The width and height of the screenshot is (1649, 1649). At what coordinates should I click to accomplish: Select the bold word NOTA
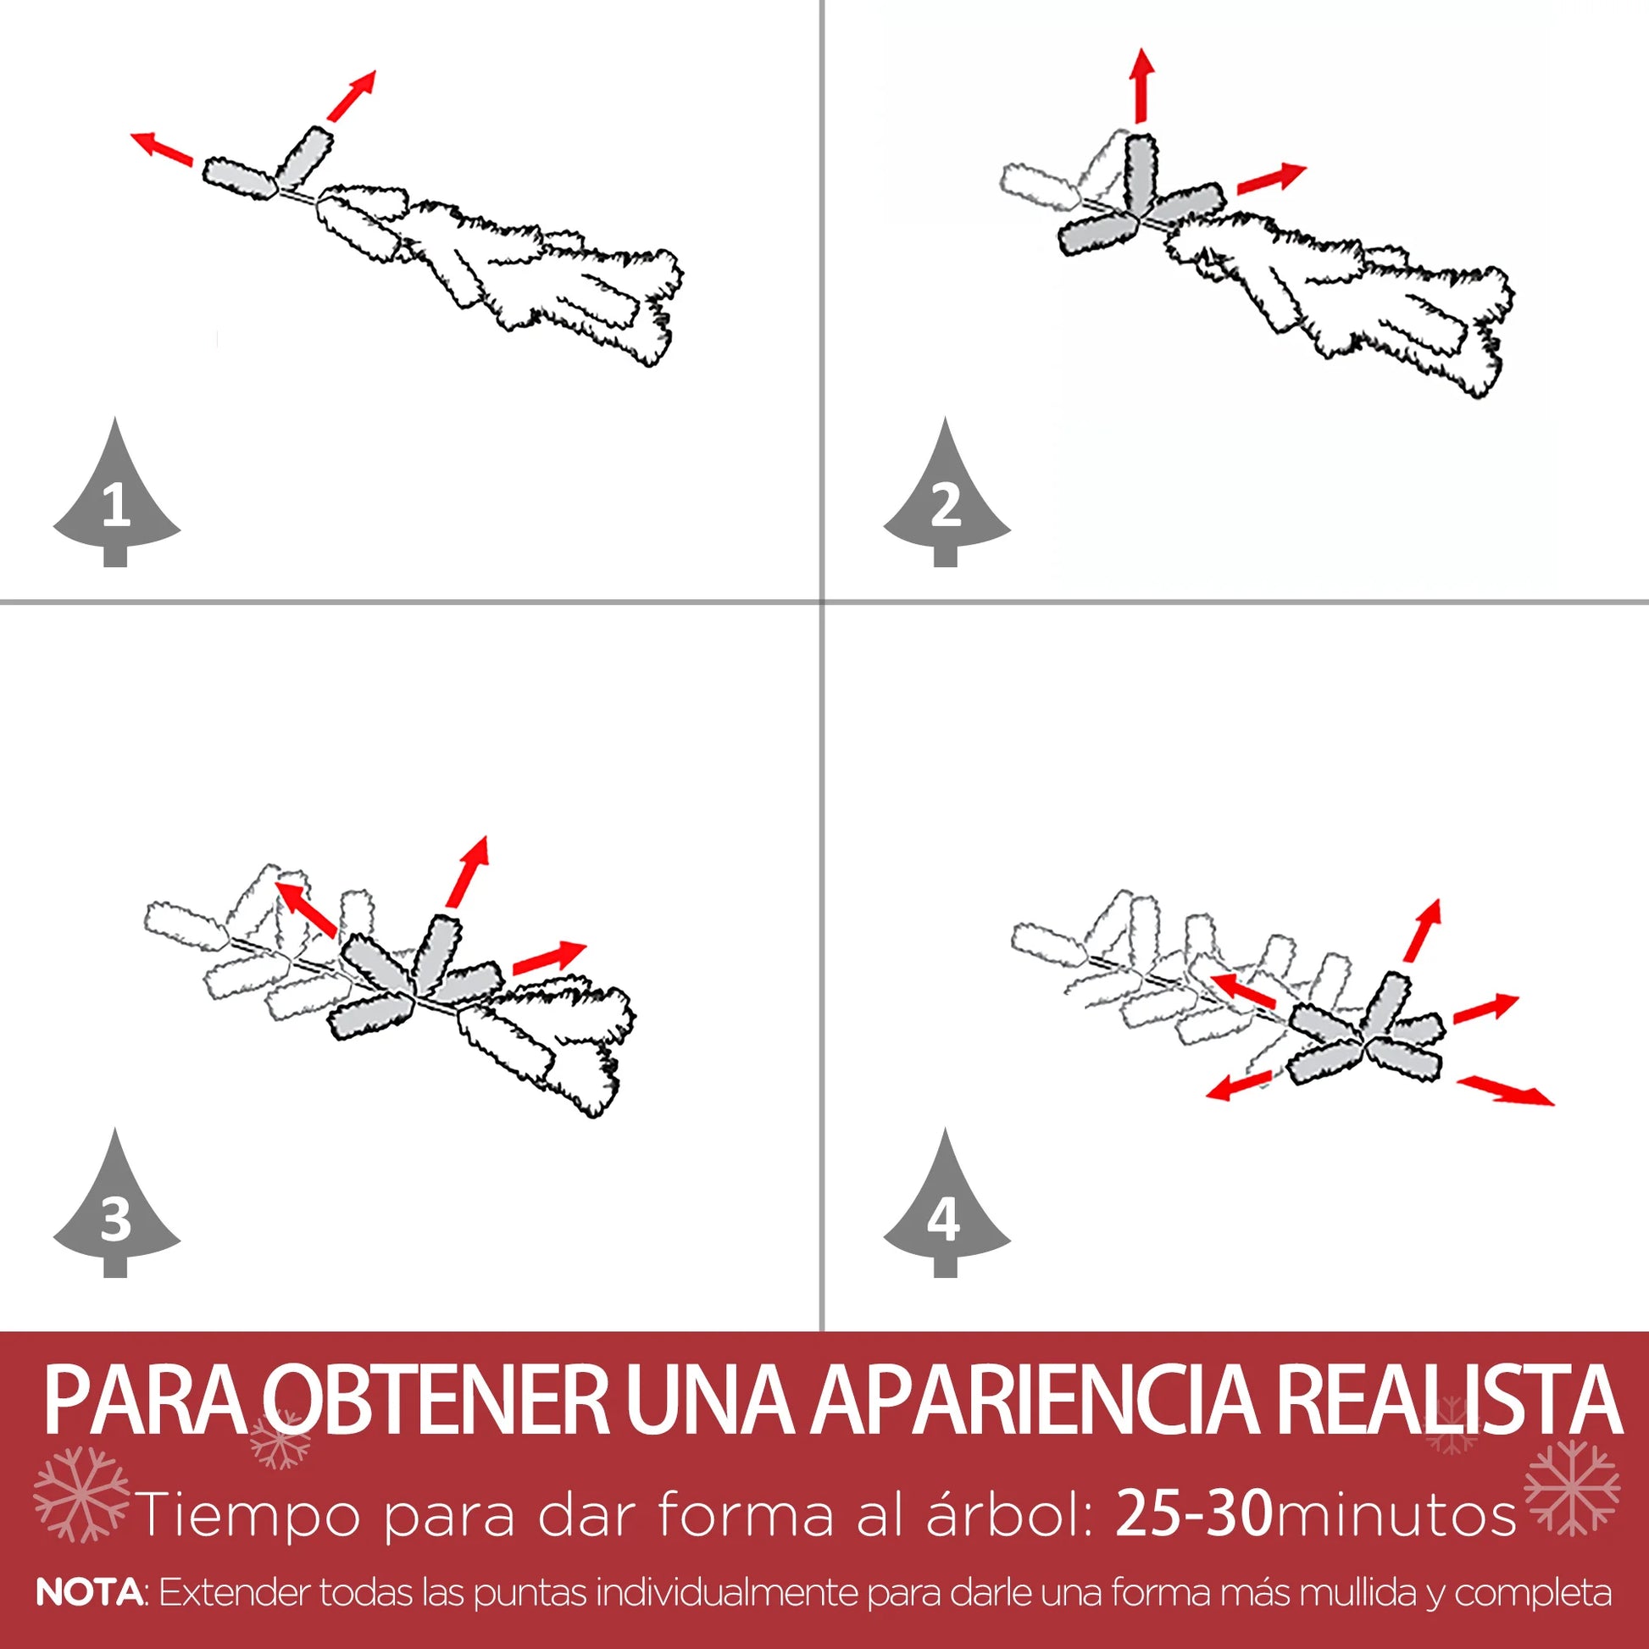coord(91,1593)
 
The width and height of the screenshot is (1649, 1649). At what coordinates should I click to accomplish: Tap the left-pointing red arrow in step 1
coord(161,147)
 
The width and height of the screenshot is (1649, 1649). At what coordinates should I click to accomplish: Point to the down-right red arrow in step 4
coord(1506,1091)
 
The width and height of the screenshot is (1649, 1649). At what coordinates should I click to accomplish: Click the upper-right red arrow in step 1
coord(351,96)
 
